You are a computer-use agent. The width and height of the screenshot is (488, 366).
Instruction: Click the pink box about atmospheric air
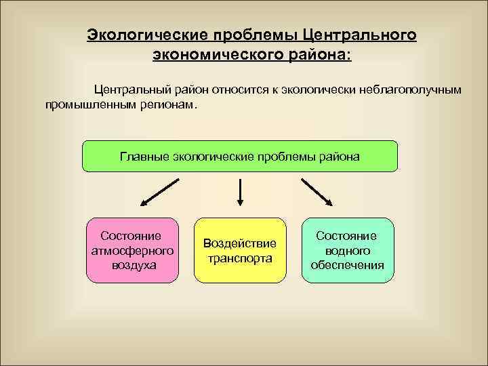point(133,249)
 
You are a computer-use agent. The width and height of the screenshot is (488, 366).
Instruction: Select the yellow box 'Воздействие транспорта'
point(240,249)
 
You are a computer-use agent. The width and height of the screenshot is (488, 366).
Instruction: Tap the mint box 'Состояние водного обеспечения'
point(347,249)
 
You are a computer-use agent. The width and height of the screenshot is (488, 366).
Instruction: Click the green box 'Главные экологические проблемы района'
point(240,157)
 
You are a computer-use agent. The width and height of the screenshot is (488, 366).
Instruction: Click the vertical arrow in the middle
point(240,192)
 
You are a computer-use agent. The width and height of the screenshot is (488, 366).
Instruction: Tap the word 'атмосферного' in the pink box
point(133,250)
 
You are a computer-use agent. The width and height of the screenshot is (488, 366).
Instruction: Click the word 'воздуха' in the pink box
point(133,264)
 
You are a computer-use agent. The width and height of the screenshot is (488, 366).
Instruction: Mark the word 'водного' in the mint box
point(347,250)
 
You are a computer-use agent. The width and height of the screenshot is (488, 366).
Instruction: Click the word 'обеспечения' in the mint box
point(347,264)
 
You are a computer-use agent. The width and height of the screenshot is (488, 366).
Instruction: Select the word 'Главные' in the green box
point(144,157)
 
